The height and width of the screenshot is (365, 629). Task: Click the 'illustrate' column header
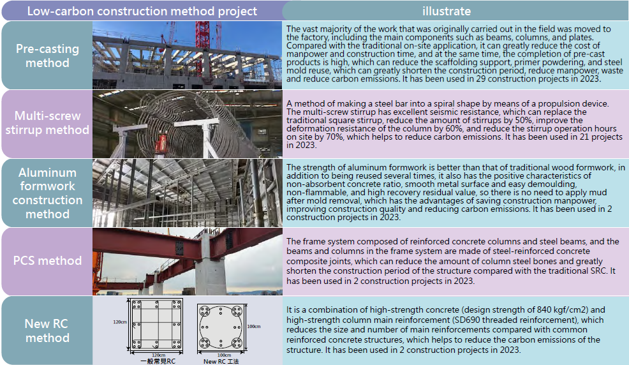click(x=447, y=11)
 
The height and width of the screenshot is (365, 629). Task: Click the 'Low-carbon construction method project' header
click(x=142, y=11)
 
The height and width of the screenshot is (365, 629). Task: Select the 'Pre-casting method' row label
click(x=47, y=56)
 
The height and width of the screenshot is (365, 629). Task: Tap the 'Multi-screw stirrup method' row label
click(x=47, y=123)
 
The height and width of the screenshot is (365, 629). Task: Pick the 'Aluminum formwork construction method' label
click(x=47, y=193)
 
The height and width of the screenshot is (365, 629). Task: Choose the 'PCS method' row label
click(x=47, y=261)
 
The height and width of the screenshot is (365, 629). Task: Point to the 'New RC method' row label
click(x=47, y=331)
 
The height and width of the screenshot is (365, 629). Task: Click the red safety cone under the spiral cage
click(x=162, y=144)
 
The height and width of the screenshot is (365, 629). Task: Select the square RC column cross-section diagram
click(x=156, y=324)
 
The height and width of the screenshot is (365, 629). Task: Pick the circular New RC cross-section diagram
click(x=221, y=326)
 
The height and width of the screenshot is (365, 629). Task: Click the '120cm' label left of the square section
click(x=119, y=322)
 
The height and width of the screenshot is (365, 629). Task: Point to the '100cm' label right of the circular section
click(x=253, y=327)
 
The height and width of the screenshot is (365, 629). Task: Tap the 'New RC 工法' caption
click(x=221, y=361)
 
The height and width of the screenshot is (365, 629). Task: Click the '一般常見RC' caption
click(x=158, y=361)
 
